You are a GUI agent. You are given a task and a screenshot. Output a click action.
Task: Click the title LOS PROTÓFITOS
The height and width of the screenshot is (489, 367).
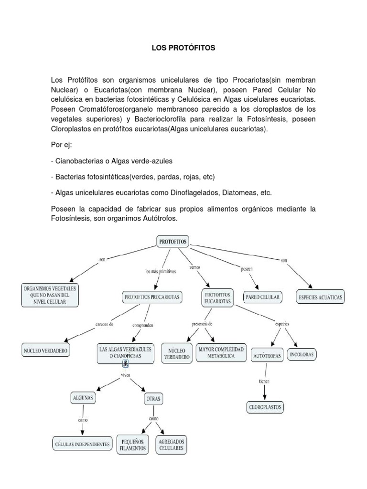183,48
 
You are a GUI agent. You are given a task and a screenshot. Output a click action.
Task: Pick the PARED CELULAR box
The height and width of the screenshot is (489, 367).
263,297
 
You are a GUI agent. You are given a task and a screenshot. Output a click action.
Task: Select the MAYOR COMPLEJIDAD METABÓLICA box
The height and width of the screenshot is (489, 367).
220,353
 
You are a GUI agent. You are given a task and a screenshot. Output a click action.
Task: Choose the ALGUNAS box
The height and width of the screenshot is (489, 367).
83,397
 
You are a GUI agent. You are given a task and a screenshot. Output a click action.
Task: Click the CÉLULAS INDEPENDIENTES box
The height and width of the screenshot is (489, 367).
82,444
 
